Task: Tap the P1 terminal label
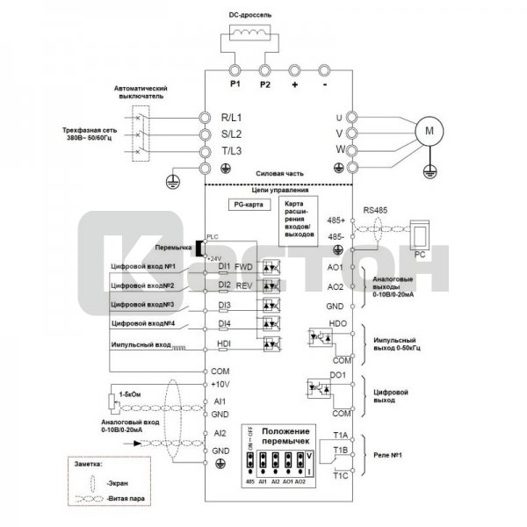[x=235, y=85]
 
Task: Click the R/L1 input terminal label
[x=236, y=117]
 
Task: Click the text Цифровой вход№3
[x=142, y=304]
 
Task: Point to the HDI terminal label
[x=224, y=343]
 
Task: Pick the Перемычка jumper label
[x=174, y=248]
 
